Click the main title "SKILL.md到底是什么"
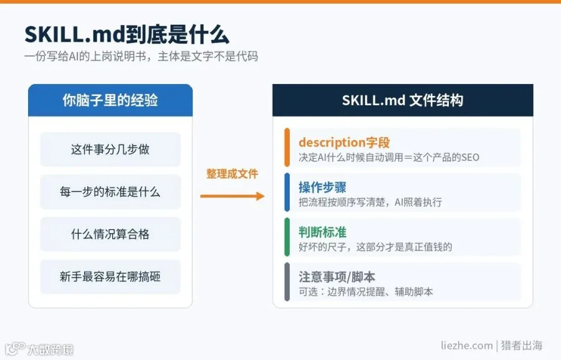point(127,35)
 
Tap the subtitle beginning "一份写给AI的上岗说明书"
point(141,57)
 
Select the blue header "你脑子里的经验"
point(110,100)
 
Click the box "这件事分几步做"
point(110,149)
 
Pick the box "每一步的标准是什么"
point(110,192)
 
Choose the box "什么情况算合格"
point(110,234)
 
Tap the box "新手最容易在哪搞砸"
point(110,277)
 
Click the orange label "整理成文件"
point(233,174)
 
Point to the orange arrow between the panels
point(233,196)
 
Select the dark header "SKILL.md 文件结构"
point(403,100)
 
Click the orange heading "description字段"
point(344,143)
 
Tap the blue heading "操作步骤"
point(322,187)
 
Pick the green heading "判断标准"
point(322,232)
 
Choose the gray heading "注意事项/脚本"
point(337,277)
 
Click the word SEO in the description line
point(470,158)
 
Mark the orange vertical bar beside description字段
point(287,147)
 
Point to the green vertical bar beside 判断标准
point(287,237)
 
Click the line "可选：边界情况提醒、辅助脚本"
point(366,291)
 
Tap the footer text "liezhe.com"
point(466,345)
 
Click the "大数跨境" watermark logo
point(39,349)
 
